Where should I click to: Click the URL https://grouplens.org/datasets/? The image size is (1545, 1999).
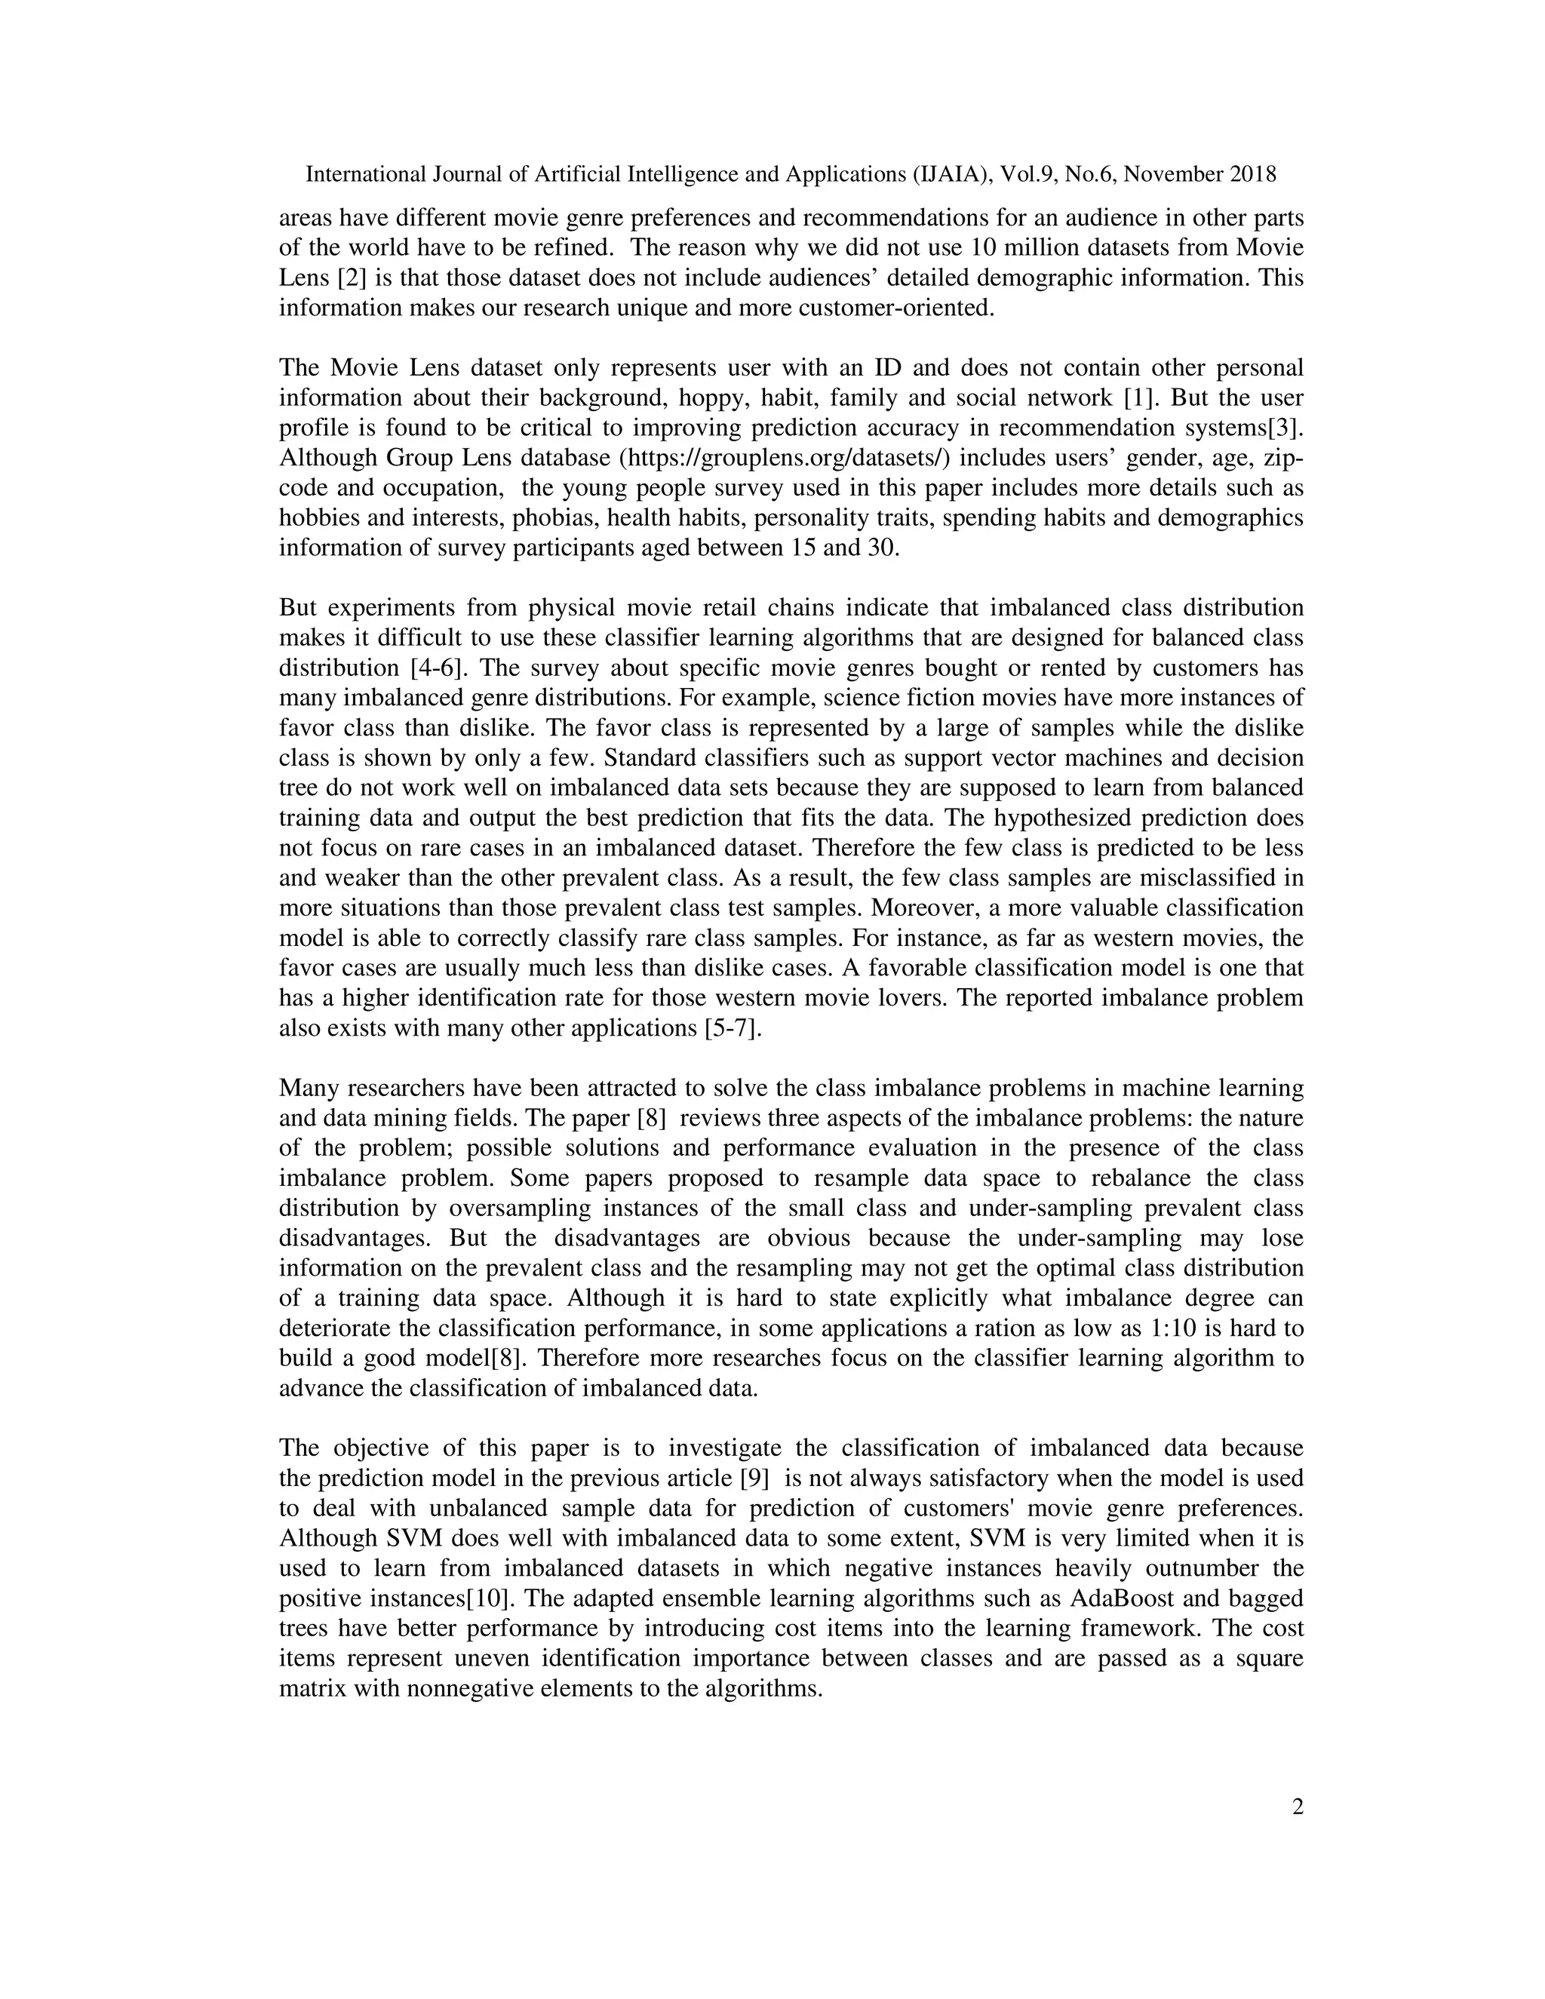point(785,458)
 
